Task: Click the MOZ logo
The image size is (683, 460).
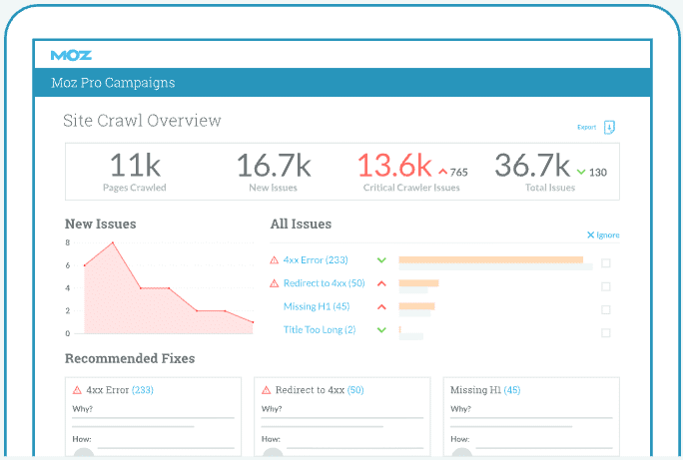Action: pos(71,55)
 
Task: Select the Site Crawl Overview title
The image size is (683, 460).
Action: pos(142,121)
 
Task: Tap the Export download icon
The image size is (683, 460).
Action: pos(609,128)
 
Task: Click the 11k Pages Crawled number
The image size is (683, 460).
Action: pos(134,165)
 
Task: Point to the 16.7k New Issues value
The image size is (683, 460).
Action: pos(274,165)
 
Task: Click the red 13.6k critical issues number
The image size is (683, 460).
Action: pos(394,165)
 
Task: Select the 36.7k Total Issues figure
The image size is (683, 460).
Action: pos(532,165)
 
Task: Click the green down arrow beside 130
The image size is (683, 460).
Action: pos(580,172)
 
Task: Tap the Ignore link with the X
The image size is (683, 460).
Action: pos(603,235)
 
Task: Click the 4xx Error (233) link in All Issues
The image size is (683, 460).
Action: pos(316,260)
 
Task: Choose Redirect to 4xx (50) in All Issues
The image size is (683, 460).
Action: pos(324,283)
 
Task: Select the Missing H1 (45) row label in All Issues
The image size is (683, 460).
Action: pos(317,306)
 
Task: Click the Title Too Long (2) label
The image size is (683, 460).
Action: pos(320,329)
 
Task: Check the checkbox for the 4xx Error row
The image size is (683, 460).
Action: pos(606,263)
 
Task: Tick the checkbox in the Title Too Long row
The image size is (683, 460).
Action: pos(606,332)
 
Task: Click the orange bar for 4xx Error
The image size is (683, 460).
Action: pos(490,259)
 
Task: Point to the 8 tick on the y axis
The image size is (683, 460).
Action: pos(68,242)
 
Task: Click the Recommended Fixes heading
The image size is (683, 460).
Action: pos(130,358)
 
